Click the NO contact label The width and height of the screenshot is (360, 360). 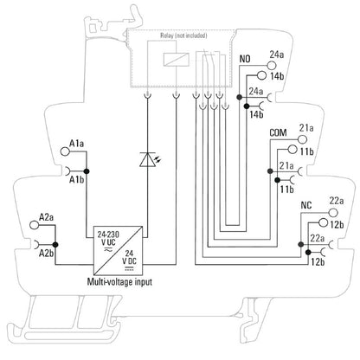click(x=245, y=59)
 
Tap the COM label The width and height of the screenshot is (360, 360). click(x=278, y=132)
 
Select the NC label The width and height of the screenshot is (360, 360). click(x=306, y=205)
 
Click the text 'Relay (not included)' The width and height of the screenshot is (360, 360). click(x=183, y=35)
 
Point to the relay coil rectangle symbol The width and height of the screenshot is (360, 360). click(x=177, y=60)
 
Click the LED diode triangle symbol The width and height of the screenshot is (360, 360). click(x=148, y=160)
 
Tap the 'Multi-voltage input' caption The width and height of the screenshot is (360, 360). click(x=119, y=281)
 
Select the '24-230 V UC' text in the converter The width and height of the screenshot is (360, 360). click(x=108, y=239)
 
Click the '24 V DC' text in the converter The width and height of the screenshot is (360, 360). click(x=129, y=258)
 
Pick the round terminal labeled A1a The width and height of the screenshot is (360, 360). click(x=65, y=151)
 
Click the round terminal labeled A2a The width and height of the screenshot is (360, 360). click(x=35, y=225)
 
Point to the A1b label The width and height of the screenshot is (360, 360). click(x=76, y=180)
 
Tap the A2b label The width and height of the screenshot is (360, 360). click(x=46, y=254)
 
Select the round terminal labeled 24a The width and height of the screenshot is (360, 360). click(x=272, y=66)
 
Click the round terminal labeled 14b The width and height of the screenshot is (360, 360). click(x=261, y=75)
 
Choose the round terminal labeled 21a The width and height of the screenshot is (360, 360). click(x=302, y=139)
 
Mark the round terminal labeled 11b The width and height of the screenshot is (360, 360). click(x=292, y=150)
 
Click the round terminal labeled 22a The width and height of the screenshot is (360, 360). click(x=333, y=213)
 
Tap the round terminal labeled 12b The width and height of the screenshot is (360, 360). click(x=323, y=222)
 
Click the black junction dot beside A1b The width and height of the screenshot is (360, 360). click(x=87, y=171)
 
